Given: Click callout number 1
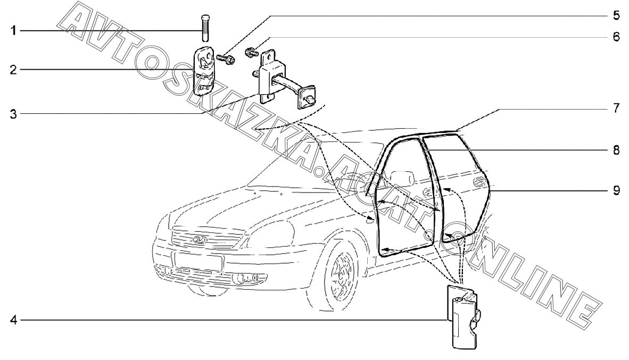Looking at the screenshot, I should pyautogui.click(x=15, y=31).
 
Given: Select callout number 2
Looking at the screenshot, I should pyautogui.click(x=15, y=70).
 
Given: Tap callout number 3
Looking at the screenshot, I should pyautogui.click(x=15, y=113).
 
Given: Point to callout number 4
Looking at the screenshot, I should pyautogui.click(x=15, y=321).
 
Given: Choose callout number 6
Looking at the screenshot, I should pyautogui.click(x=616, y=38).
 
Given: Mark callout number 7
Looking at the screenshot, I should pyautogui.click(x=616, y=109).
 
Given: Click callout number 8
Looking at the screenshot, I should pyautogui.click(x=616, y=150).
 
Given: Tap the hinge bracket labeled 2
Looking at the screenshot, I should pyautogui.click(x=203, y=70).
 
